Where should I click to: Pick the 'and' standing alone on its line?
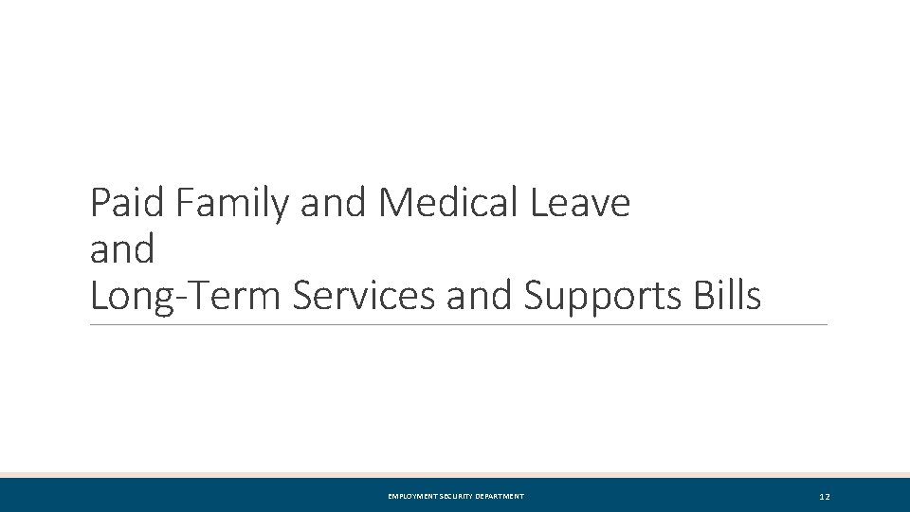[122, 250]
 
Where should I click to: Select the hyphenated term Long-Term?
[186, 297]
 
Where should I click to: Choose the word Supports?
[599, 297]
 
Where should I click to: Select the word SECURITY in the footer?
[462, 497]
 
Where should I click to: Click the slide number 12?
[825, 497]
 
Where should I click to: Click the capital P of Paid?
[100, 203]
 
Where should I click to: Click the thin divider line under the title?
[458, 325]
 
